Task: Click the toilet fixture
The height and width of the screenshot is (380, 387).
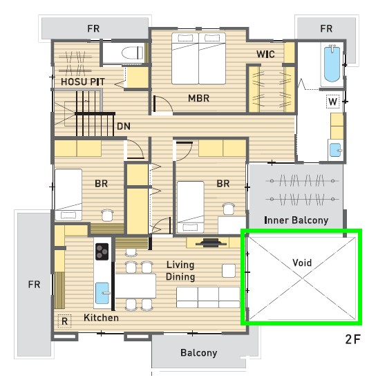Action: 132,53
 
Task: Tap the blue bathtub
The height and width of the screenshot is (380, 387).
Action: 332,64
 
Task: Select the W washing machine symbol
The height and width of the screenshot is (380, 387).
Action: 332,102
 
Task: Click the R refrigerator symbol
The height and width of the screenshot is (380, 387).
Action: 64,321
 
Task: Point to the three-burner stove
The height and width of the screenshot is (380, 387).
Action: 102,251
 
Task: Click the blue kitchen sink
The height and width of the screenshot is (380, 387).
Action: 102,293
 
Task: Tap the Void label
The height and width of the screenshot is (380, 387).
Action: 302,263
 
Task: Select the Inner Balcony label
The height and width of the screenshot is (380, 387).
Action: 296,220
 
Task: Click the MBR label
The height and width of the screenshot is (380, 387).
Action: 199,98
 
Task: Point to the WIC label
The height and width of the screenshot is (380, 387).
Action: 265,54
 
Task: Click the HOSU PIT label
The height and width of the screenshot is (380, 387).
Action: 83,82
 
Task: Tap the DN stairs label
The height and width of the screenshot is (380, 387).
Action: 124,126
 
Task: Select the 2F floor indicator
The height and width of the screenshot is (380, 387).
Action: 352,339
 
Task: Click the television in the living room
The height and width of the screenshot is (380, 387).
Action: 211,243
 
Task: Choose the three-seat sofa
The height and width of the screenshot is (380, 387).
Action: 208,297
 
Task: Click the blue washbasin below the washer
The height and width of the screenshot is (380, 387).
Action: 336,150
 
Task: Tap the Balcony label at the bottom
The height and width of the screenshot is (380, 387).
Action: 199,353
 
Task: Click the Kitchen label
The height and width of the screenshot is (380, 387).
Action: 101,318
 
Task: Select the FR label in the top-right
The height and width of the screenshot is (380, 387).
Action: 326,28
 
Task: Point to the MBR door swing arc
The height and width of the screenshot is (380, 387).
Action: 166,102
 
